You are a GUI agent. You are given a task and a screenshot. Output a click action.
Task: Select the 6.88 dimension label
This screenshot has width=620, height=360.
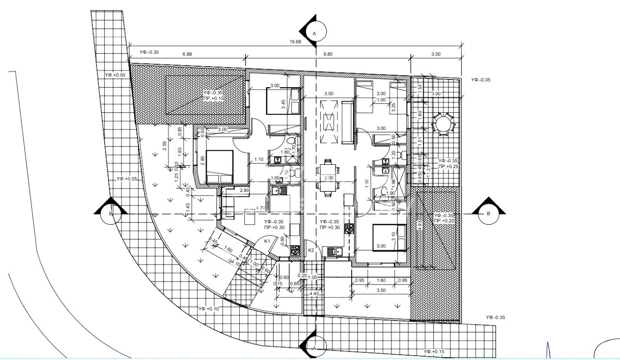pyautogui.click(x=187, y=54)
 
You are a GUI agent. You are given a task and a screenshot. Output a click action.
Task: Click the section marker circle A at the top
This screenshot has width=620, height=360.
pyautogui.click(x=314, y=33)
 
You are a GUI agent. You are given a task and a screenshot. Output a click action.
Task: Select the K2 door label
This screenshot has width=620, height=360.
pyautogui.click(x=311, y=250)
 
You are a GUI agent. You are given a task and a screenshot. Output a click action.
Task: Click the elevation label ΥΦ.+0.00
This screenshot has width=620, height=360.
pyautogui.click(x=115, y=75)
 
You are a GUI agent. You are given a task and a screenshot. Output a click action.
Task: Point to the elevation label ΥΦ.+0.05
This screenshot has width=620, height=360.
pyautogui.click(x=127, y=179)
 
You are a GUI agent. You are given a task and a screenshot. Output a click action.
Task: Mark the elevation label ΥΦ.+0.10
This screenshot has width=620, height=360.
pyautogui.click(x=208, y=309)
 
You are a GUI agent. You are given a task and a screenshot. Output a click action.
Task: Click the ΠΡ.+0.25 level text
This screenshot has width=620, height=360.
pyautogui.click(x=449, y=166)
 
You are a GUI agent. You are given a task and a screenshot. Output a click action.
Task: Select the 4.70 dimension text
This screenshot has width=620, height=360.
pyautogui.click(x=260, y=208)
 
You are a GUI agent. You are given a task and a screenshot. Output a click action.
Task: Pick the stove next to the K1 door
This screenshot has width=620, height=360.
pyautogui.click(x=294, y=250)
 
